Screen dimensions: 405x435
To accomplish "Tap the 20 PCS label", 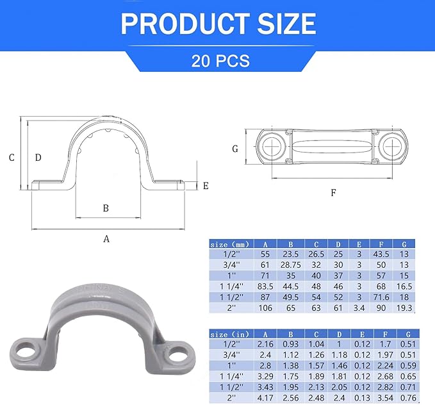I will (220, 61).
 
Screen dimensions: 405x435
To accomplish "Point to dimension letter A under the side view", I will (107, 239).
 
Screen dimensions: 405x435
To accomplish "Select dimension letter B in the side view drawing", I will (106, 208).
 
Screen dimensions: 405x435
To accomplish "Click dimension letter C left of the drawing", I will (11, 158).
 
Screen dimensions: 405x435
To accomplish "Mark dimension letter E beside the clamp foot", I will (206, 186).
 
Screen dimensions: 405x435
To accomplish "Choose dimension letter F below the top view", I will (333, 192).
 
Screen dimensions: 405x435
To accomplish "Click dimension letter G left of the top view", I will (235, 149).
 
